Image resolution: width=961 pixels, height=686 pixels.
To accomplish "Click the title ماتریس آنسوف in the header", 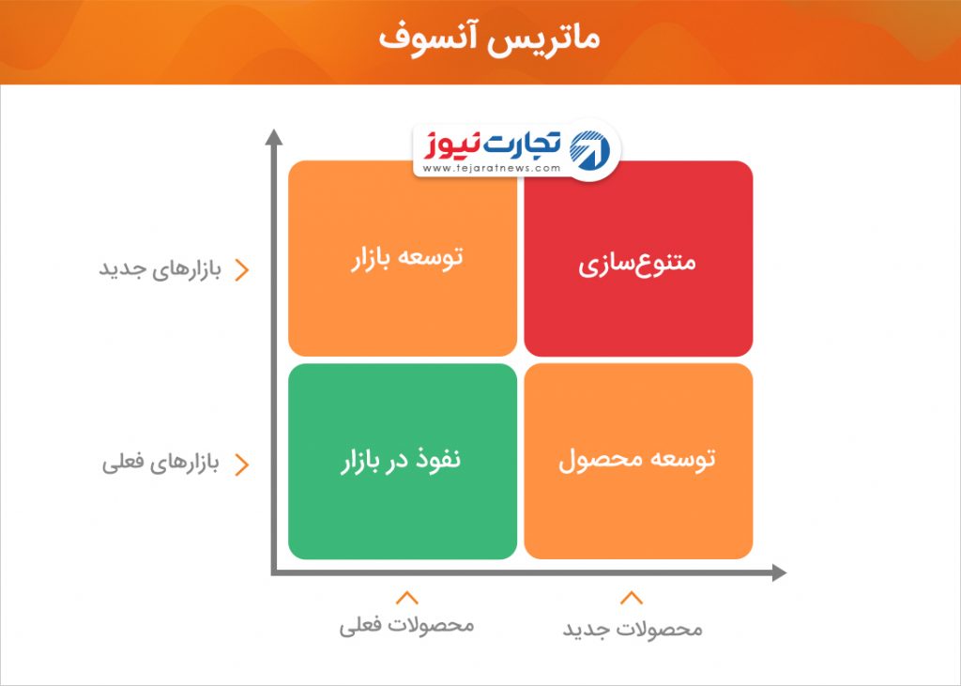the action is click(x=488, y=38).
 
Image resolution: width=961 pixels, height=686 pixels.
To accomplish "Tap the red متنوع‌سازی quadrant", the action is click(x=638, y=258).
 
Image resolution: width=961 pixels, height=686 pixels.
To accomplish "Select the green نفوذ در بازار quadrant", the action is click(x=403, y=461).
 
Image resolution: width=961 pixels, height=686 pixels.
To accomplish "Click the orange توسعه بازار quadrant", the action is click(x=403, y=258).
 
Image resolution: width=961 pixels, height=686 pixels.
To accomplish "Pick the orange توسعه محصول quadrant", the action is click(x=638, y=461).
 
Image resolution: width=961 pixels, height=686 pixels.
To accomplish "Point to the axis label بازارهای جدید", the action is click(x=160, y=269).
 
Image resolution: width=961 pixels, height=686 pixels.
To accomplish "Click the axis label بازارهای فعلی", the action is click(x=160, y=463).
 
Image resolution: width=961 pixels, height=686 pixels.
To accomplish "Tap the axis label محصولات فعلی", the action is click(x=407, y=625).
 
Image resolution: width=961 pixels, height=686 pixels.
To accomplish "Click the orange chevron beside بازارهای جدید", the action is click(x=243, y=270).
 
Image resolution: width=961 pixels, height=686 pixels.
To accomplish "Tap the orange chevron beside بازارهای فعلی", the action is click(x=243, y=465).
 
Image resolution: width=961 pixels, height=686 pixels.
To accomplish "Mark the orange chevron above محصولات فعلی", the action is click(x=407, y=598).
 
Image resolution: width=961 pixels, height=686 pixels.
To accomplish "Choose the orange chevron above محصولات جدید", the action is click(x=632, y=598).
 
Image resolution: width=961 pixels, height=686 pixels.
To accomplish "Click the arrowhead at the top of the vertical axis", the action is click(x=274, y=137).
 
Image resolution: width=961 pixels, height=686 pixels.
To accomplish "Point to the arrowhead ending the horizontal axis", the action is click(x=779, y=573).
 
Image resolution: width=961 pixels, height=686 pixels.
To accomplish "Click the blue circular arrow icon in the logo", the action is click(x=589, y=150).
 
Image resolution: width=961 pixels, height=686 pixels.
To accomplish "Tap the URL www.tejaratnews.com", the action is click(x=492, y=168).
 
